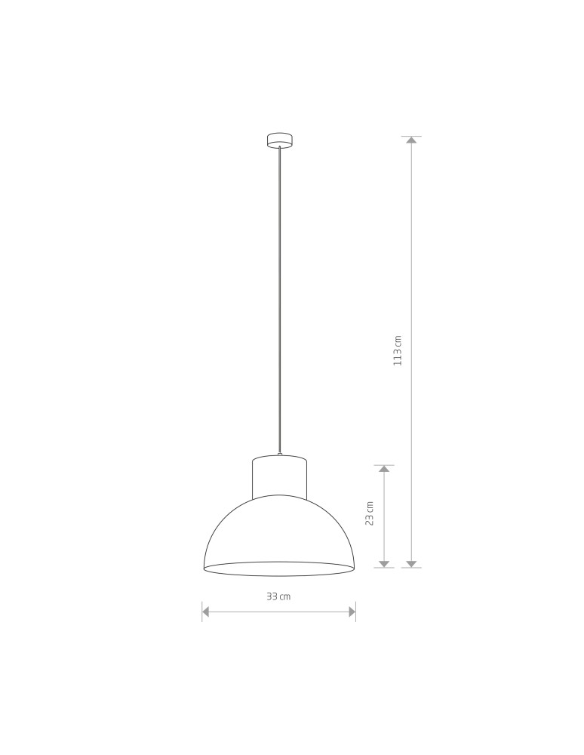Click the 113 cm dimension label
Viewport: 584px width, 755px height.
[398, 350]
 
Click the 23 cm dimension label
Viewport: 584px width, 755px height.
[370, 513]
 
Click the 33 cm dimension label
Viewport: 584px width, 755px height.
[279, 596]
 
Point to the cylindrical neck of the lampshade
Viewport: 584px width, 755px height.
[279, 476]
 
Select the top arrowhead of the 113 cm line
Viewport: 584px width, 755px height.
[411, 140]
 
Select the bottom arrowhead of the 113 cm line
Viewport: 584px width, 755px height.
[411, 564]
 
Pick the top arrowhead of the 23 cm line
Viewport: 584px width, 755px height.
[384, 469]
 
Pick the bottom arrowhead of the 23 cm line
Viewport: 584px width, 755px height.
[384, 564]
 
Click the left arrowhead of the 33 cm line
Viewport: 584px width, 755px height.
[205, 612]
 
